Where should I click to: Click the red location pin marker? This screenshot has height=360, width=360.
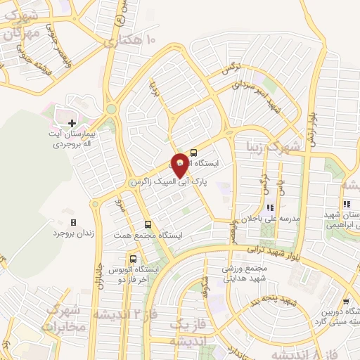point(180,163)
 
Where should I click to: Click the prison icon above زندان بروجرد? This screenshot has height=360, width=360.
point(74,222)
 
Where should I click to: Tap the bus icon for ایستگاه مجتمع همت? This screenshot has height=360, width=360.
point(146,224)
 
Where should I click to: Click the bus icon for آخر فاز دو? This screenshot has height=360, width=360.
point(113,259)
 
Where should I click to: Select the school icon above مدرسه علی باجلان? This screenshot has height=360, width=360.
point(270,207)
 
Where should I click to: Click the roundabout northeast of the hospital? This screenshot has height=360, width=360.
point(111,109)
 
